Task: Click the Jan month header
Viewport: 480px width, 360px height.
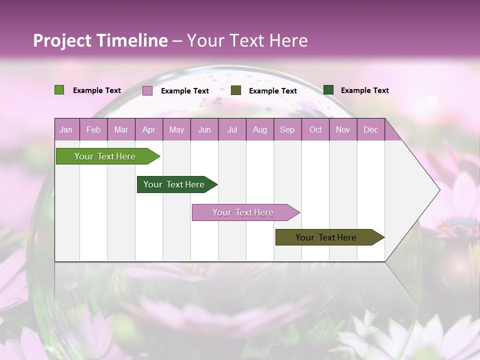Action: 66,129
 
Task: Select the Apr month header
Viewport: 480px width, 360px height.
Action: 148,129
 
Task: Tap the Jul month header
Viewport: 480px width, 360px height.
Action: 232,129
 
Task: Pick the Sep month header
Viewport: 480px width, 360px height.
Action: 287,129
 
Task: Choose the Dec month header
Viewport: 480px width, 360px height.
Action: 370,129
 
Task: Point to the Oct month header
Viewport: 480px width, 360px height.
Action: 315,129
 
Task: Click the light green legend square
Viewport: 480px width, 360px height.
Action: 59,90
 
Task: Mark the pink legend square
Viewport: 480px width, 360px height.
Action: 147,90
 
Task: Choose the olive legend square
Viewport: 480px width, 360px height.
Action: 236,90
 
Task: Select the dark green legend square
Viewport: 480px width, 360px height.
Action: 328,90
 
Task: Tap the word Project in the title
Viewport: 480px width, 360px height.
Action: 62,40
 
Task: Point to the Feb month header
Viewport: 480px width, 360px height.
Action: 93,129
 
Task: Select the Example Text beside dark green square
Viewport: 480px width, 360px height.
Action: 364,90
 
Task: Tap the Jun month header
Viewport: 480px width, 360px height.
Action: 204,129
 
